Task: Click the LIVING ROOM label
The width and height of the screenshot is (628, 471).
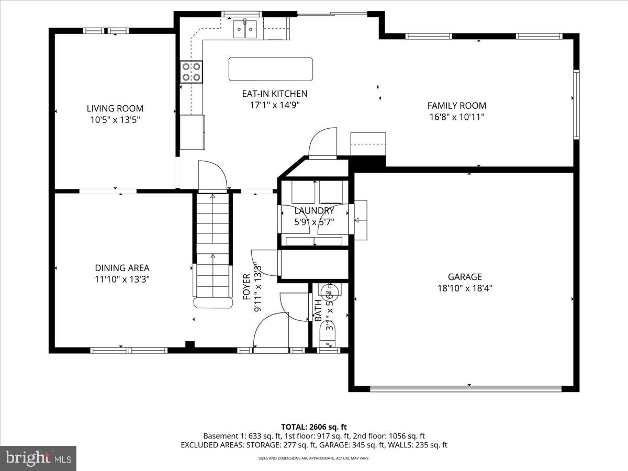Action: click(x=115, y=108)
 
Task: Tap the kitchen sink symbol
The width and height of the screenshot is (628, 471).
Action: click(x=244, y=29)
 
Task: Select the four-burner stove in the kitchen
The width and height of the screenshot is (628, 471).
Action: click(x=192, y=72)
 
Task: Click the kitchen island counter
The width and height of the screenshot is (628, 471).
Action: click(x=271, y=69)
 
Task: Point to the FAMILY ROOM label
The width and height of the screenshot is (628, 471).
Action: click(x=456, y=105)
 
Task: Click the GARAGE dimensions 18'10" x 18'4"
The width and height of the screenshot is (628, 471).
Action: click(x=465, y=287)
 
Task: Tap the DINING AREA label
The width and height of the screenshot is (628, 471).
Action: click(x=122, y=268)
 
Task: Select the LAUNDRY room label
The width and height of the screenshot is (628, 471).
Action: click(x=314, y=210)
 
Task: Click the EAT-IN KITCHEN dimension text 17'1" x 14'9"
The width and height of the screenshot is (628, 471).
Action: click(x=274, y=105)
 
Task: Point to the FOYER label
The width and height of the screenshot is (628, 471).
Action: click(x=246, y=287)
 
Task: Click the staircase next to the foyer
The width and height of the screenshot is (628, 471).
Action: click(x=212, y=246)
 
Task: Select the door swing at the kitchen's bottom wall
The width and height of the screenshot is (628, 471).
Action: click(x=323, y=143)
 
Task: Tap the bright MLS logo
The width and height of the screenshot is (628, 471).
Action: click(x=38, y=458)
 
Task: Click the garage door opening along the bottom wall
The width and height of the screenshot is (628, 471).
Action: click(x=466, y=388)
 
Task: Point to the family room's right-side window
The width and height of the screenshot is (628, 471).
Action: click(x=576, y=104)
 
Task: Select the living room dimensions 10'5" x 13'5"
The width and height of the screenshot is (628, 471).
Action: click(x=115, y=119)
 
